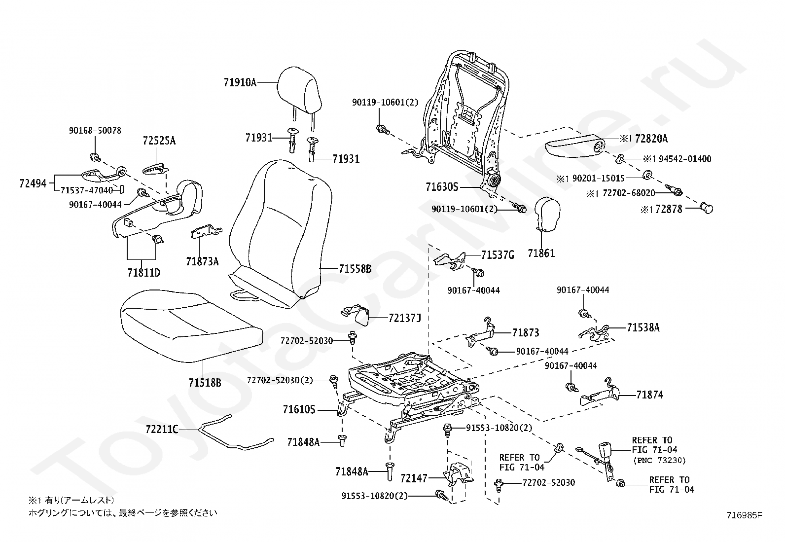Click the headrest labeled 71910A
(298, 91)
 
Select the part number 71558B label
(355, 269)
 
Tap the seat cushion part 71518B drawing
(190, 325)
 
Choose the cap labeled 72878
(707, 209)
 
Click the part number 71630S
(442, 187)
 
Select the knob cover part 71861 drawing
(547, 214)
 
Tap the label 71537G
(498, 255)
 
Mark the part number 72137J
(405, 319)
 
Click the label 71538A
(643, 327)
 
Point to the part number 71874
(649, 395)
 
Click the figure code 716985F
(744, 515)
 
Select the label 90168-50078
(95, 131)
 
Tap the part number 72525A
(159, 141)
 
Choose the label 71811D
(143, 272)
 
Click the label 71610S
(299, 409)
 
